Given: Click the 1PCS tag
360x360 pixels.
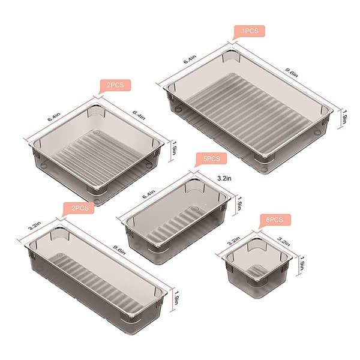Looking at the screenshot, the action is (x=250, y=31).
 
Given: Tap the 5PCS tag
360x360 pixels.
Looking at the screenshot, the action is (x=211, y=159).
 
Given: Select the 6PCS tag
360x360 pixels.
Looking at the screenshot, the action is (x=275, y=220).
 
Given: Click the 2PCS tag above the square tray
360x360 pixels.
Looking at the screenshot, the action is (x=115, y=85).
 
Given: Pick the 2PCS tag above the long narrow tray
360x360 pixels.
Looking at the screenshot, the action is (x=79, y=208).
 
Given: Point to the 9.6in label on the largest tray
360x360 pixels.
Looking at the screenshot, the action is (x=292, y=73).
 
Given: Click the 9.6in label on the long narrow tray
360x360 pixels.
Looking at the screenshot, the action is (x=119, y=250).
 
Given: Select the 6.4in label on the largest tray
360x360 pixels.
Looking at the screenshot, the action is (x=190, y=59).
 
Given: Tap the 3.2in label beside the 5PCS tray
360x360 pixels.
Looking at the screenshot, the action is (x=224, y=178).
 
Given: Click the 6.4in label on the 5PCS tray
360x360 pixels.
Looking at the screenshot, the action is (x=149, y=194).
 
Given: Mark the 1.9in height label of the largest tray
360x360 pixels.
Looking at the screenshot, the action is (x=344, y=117).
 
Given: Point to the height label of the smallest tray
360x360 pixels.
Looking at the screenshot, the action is (x=302, y=263).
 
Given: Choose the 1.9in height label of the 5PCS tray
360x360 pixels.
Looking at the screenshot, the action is (x=239, y=203).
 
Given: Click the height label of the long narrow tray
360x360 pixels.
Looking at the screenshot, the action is (x=176, y=298).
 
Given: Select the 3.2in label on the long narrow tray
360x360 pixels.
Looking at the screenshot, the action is (x=35, y=226).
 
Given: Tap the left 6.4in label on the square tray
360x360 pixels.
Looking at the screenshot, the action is (x=54, y=117).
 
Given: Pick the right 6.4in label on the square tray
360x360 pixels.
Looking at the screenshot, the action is (x=139, y=115).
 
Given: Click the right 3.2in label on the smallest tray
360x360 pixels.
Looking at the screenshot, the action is (x=284, y=242).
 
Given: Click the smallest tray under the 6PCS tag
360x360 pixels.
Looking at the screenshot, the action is (x=257, y=268).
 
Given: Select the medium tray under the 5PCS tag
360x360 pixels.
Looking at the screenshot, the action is (x=177, y=221).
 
